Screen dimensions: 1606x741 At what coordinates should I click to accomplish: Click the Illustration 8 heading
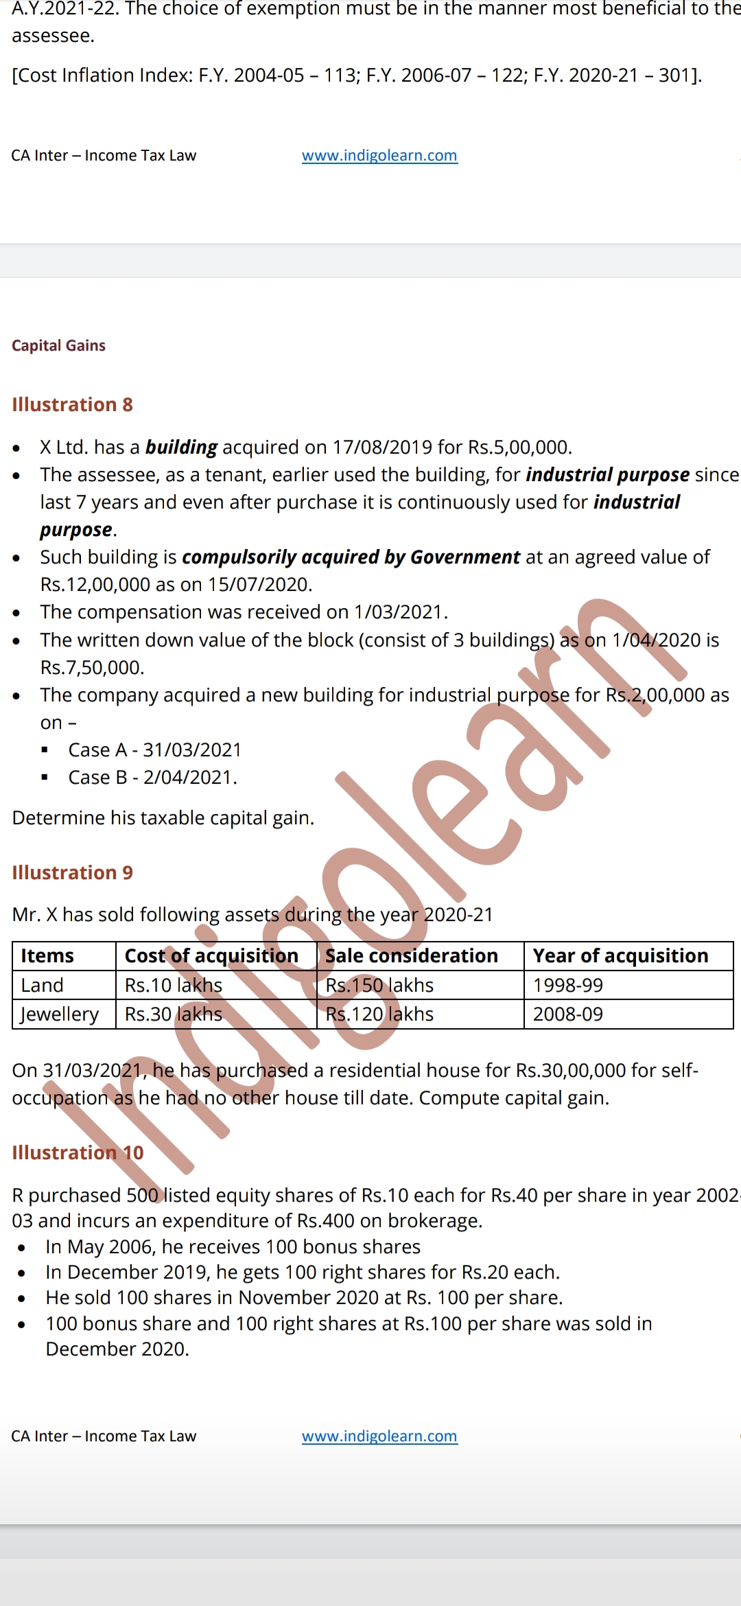tap(72, 404)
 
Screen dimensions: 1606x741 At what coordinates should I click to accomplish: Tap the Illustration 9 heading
tap(72, 872)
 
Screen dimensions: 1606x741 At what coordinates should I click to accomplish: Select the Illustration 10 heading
tap(78, 1152)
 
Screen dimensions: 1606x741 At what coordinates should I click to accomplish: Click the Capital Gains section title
tap(58, 345)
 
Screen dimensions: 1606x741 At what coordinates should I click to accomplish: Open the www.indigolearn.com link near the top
tap(379, 156)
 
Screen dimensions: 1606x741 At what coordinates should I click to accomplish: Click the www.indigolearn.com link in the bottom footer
tap(379, 1436)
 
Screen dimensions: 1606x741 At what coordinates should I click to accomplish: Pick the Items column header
tap(47, 956)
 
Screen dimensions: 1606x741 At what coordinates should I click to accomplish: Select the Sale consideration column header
tap(411, 956)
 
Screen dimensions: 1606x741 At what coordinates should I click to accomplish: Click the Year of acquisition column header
tap(620, 956)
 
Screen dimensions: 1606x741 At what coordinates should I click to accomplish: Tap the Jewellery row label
tap(59, 1014)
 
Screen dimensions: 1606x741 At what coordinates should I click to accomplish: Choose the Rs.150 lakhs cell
tap(379, 986)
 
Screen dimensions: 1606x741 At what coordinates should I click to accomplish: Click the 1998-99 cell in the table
tap(567, 986)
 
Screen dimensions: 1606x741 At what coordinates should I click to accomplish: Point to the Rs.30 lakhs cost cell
tap(173, 1014)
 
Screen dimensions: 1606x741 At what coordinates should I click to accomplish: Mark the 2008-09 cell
tap(567, 1014)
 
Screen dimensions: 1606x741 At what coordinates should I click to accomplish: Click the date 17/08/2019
tap(382, 447)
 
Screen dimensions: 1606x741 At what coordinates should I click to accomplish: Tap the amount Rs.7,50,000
tap(92, 668)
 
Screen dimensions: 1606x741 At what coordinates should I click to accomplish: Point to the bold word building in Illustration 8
tap(181, 447)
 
